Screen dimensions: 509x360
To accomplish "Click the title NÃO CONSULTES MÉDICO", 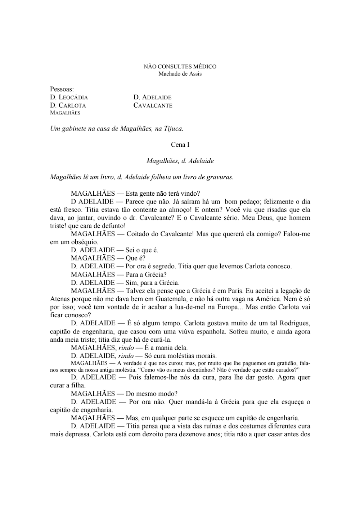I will (180, 67).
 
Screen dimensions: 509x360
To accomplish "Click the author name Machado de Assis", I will (180, 74).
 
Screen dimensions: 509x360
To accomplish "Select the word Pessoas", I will (62, 89).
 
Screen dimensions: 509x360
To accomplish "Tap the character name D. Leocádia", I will (69, 97).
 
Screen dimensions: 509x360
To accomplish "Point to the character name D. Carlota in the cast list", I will (68, 105).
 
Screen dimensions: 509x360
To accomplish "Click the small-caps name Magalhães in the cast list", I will (65, 113).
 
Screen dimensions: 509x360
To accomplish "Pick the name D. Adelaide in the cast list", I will (152, 97).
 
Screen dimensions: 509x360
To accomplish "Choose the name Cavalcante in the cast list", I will (153, 105).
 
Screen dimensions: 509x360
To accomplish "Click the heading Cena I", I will (180, 145).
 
